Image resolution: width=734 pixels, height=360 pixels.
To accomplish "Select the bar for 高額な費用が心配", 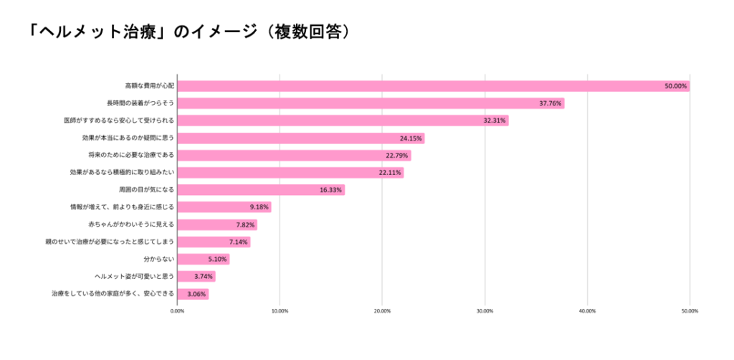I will coord(430,86).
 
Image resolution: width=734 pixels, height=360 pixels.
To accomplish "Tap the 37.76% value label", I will coord(551,103).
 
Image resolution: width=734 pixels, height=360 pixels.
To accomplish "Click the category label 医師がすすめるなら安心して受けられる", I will coord(119,120).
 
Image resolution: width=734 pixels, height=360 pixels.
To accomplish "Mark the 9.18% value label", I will coord(259,207).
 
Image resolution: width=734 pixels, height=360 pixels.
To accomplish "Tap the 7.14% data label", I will coord(238,242).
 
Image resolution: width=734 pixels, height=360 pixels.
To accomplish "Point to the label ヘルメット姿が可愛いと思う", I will coord(134,276).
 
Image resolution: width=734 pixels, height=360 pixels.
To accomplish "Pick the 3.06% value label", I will coord(196,294).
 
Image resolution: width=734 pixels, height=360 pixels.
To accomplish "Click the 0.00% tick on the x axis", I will coord(177,311).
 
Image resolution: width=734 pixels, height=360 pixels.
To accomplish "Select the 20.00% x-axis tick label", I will coord(382,311).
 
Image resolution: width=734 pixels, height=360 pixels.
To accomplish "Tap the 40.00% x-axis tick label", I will coord(587,311).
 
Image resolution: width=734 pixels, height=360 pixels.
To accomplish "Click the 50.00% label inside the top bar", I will coord(676,86).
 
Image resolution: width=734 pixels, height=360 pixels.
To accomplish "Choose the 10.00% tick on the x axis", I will coord(280,311).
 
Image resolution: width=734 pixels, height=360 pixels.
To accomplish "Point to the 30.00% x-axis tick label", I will coord(485,311).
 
